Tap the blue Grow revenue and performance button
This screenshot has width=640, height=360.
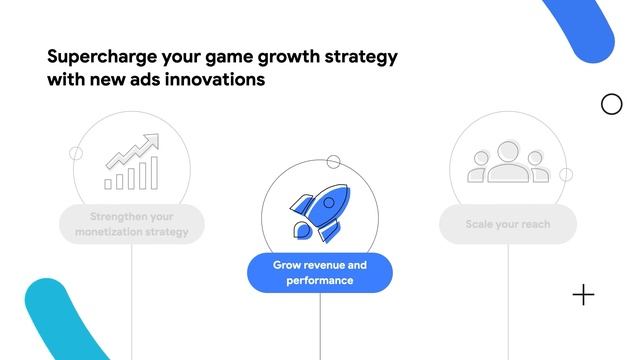319,273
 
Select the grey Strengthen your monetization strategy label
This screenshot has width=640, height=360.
131,224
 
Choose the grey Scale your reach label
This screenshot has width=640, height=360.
507,224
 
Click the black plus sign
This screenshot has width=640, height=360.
583,295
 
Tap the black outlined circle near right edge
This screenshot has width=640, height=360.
611,104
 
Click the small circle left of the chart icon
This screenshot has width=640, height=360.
76,153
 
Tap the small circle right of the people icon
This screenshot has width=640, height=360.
565,174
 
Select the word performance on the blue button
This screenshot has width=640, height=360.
319,281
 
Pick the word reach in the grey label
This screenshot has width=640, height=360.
533,224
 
